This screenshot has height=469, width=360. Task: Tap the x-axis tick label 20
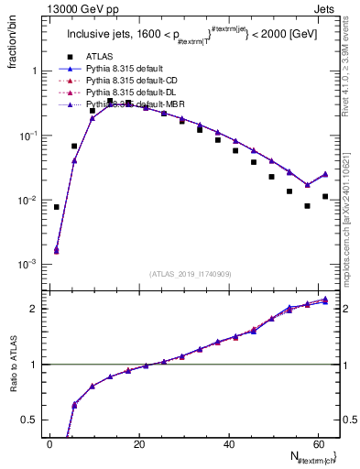pyautogui.click(x=139, y=444)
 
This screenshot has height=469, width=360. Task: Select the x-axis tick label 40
pyautogui.click(x=229, y=444)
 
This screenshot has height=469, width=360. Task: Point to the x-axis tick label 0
pyautogui.click(x=50, y=444)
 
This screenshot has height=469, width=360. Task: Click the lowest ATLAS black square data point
pyautogui.click(x=308, y=206)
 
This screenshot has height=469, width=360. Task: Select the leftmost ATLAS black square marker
pyautogui.click(x=57, y=207)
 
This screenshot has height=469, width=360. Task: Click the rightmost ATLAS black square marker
pyautogui.click(x=325, y=196)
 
